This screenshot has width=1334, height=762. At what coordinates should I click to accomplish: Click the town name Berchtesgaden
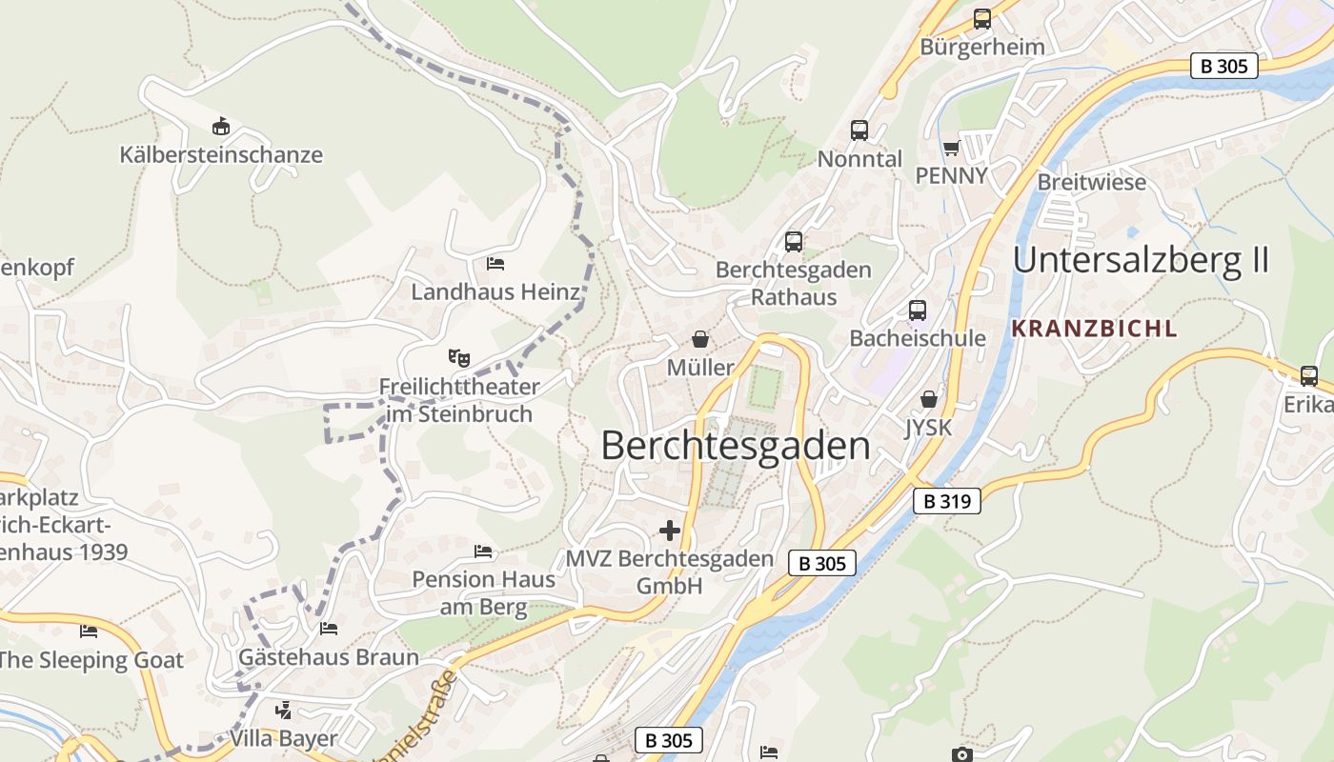click(736, 446)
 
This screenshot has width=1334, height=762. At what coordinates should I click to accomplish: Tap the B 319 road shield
click(947, 501)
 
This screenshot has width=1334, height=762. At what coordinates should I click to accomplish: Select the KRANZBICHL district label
click(1094, 330)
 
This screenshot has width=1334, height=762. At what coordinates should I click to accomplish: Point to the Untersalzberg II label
click(1141, 260)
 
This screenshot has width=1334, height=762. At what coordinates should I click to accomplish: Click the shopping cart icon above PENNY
click(951, 148)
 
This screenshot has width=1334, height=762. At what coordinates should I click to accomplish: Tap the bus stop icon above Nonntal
click(859, 130)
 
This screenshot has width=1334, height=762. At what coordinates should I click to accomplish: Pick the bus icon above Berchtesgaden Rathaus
click(794, 242)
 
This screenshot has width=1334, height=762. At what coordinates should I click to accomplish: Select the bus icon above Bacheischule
click(917, 311)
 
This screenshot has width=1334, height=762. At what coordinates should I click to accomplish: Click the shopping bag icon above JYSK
click(928, 400)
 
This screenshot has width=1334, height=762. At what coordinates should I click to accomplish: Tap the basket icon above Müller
click(700, 339)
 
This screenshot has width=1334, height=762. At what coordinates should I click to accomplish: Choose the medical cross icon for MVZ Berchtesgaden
click(670, 530)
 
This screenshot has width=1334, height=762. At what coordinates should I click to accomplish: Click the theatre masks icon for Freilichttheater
click(459, 358)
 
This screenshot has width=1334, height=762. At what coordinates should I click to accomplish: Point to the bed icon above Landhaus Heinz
click(495, 264)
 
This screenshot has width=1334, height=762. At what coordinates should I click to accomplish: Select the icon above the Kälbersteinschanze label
click(221, 126)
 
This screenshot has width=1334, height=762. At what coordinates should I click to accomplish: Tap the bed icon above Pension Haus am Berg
click(483, 551)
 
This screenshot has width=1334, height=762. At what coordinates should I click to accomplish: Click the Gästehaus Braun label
click(328, 657)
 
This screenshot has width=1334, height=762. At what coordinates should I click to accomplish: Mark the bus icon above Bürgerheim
click(981, 19)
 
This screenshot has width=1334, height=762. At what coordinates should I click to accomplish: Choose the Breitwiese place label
click(1091, 182)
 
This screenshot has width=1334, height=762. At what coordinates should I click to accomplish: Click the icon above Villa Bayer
click(283, 711)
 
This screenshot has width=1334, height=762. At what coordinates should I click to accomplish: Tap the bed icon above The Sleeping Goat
click(89, 632)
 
